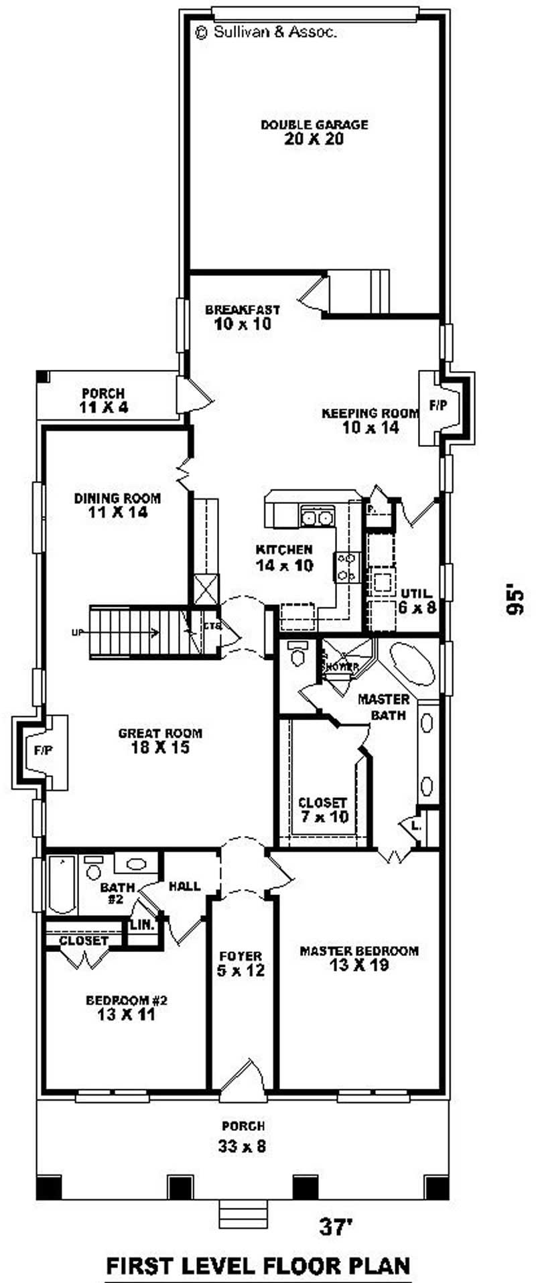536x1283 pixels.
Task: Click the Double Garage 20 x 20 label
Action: coord(314,132)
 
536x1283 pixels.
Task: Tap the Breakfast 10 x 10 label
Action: coord(242,317)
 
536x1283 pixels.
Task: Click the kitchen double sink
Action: coord(317,517)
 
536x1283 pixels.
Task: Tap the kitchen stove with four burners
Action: coord(347,566)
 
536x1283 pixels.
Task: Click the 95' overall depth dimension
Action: coord(514,601)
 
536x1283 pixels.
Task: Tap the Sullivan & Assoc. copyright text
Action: coord(265,31)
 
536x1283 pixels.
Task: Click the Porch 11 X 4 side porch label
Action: coord(103,400)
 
